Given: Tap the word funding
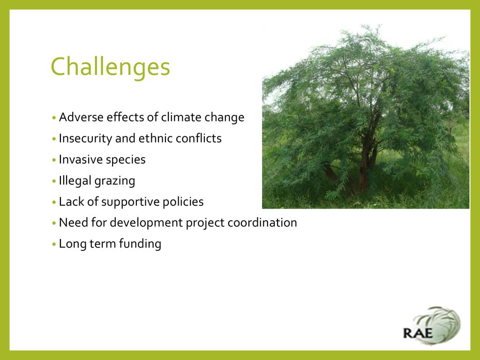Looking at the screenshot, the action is [140, 244].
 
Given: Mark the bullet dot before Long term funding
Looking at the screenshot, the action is [54, 245].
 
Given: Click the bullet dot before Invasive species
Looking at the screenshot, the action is [54, 160].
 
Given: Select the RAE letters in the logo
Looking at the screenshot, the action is [418, 333].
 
